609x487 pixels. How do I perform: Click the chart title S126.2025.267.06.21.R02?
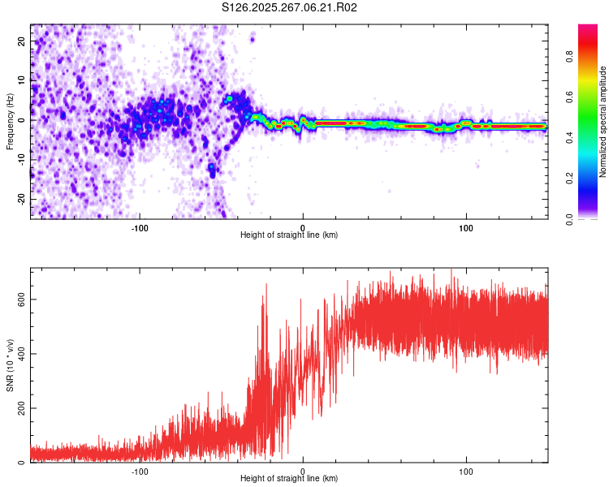click(x=290, y=7)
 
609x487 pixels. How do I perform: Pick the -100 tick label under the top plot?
click(x=139, y=227)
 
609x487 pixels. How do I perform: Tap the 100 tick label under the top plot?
click(x=466, y=227)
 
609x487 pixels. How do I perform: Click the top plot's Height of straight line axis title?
click(x=289, y=235)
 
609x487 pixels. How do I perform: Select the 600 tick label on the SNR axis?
click(x=19, y=300)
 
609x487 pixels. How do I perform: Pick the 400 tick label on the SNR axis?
click(x=19, y=354)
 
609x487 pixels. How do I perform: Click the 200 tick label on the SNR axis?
click(x=19, y=408)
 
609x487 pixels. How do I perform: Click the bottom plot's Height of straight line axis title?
click(x=289, y=479)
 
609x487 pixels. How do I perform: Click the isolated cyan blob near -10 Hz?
click(x=212, y=167)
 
